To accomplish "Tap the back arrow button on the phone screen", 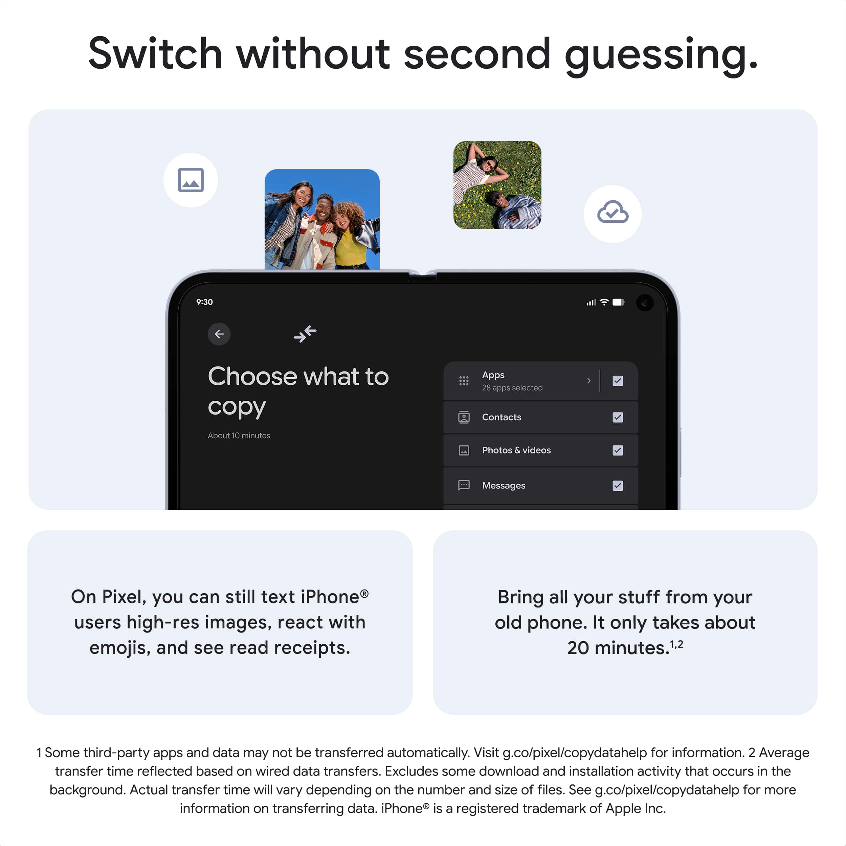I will pos(219,334).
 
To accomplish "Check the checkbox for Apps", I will pos(618,381).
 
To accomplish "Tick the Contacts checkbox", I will pos(618,417).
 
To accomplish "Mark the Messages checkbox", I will pos(618,486).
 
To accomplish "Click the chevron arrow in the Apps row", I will pos(589,381).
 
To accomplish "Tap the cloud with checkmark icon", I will pos(613,213).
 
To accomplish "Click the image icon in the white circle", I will pos(191,180).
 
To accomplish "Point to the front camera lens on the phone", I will pos(645,303).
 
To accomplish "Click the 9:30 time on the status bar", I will pos(204,302).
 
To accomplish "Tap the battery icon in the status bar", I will pos(618,302).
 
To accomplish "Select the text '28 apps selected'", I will pos(512,388).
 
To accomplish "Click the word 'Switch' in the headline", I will pos(155,54).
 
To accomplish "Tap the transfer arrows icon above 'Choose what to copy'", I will pos(305,334).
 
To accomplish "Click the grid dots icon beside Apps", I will pos(464,381).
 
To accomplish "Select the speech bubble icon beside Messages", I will pos(464,485).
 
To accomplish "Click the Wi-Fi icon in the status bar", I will pos(604,302).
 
